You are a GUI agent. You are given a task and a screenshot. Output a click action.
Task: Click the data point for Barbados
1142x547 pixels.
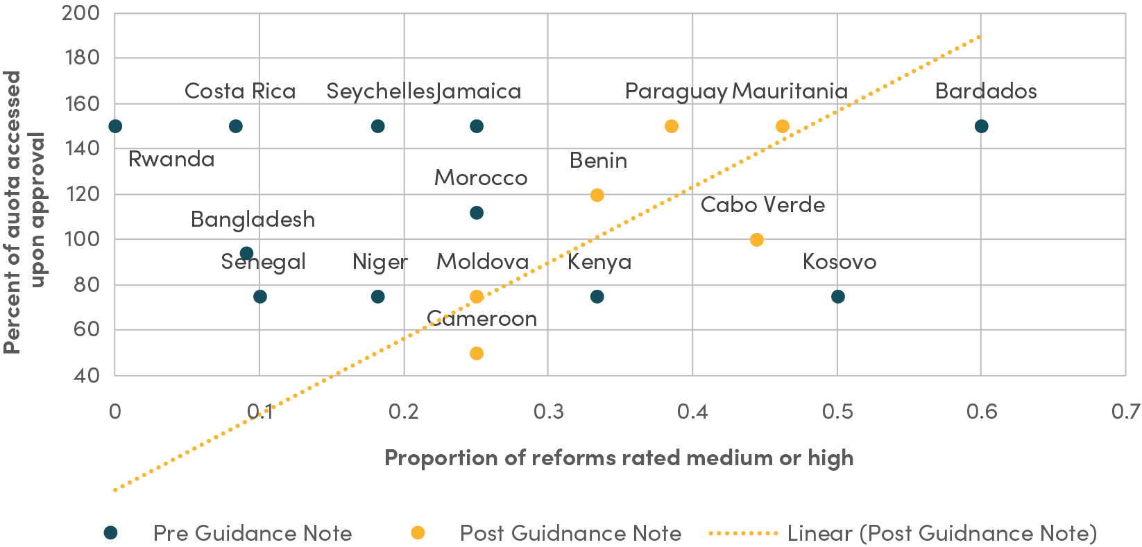[981, 126]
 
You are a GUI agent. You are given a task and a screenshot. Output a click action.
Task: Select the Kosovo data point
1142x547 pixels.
[837, 297]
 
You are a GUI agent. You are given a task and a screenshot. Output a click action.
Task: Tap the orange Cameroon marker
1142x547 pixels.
[476, 354]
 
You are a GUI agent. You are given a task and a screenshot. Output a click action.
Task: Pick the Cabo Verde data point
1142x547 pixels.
[756, 240]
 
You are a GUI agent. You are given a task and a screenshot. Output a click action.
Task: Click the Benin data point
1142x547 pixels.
[597, 196]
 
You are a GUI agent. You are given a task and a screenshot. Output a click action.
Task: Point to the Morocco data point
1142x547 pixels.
[476, 213]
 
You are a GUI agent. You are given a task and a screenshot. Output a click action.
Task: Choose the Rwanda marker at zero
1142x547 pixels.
[115, 126]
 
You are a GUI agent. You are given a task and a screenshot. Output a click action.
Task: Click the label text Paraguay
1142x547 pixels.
[676, 92]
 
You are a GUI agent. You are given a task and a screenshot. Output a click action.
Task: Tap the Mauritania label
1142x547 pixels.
[790, 92]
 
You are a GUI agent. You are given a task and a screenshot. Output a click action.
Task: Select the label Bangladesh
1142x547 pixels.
[253, 220]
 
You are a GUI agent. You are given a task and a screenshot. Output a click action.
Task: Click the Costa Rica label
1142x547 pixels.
[240, 92]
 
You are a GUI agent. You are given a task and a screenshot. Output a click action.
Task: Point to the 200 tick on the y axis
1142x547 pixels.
[80, 13]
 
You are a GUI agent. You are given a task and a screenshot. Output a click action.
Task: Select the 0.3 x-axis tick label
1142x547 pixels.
[548, 412]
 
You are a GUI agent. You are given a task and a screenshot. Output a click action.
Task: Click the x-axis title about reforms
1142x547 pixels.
[619, 458]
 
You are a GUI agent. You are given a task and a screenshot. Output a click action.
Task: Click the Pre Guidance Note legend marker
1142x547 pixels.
[110, 532]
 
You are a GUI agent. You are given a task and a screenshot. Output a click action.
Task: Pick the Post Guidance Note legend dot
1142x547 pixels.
[418, 532]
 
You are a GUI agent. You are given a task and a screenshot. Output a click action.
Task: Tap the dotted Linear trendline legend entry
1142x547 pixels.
[902, 533]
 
